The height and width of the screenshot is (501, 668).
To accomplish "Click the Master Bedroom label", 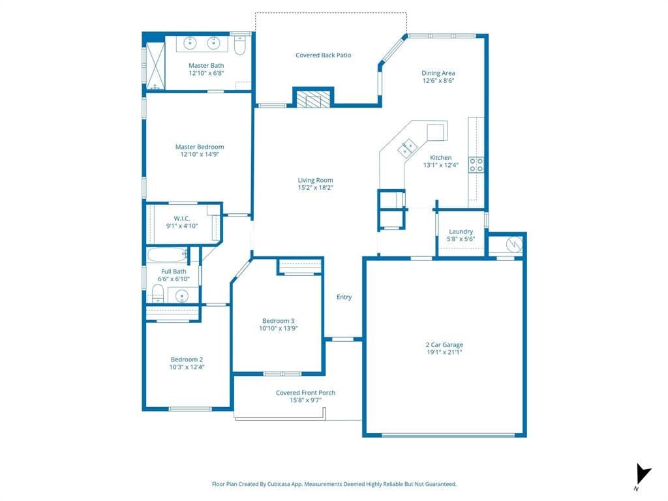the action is point(200,147).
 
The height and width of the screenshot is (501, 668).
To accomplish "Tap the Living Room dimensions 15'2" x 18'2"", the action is point(315,187).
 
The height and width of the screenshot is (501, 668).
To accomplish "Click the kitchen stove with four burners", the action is point(476,165).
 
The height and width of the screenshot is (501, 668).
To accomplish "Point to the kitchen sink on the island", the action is point(407,148).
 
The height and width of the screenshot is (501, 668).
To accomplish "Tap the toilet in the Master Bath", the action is point(240,46).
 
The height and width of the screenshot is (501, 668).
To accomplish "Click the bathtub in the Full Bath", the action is point(167,255).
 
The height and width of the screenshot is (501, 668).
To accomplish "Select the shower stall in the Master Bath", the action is point(155,66).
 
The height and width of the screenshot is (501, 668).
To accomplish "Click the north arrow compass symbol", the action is point(643,474).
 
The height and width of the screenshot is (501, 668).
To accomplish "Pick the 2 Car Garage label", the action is point(444,344).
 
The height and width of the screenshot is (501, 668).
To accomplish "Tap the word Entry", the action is point(344,297).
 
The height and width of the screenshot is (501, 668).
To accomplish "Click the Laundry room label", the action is point(461,232).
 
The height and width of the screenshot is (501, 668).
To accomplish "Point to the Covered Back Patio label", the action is point(324,55).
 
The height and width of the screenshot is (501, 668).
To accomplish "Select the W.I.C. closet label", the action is point(182,219).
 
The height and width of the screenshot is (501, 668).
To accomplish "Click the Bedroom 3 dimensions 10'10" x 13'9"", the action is point(278,328).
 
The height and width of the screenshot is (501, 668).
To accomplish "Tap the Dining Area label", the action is point(438,73).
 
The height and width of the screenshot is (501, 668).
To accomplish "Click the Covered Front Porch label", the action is point(305,392).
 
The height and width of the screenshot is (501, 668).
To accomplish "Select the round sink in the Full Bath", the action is point(182,296).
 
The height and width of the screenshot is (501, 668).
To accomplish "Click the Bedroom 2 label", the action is point(187,359).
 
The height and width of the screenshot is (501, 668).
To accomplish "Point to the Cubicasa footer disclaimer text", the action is point(334,484).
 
